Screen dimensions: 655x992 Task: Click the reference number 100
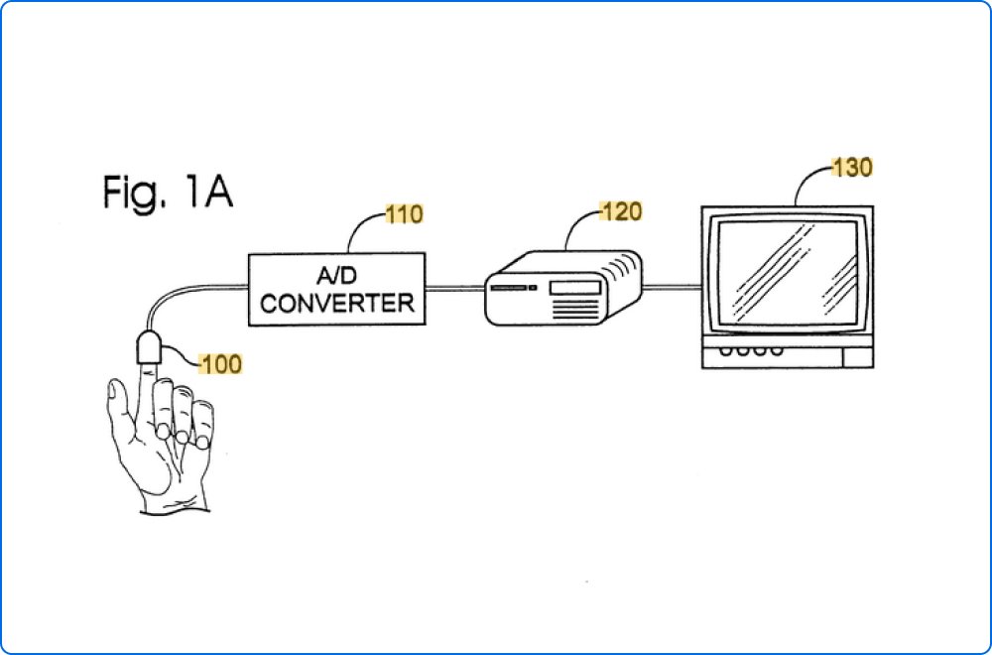click(220, 364)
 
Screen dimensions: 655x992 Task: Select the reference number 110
click(405, 213)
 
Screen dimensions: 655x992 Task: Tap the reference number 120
click(621, 210)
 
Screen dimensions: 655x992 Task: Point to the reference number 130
click(851, 168)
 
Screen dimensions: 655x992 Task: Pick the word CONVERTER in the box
click(337, 303)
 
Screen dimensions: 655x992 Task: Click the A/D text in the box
click(337, 277)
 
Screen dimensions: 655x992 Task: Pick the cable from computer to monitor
click(674, 288)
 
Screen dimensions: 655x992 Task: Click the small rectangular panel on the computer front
click(574, 288)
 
